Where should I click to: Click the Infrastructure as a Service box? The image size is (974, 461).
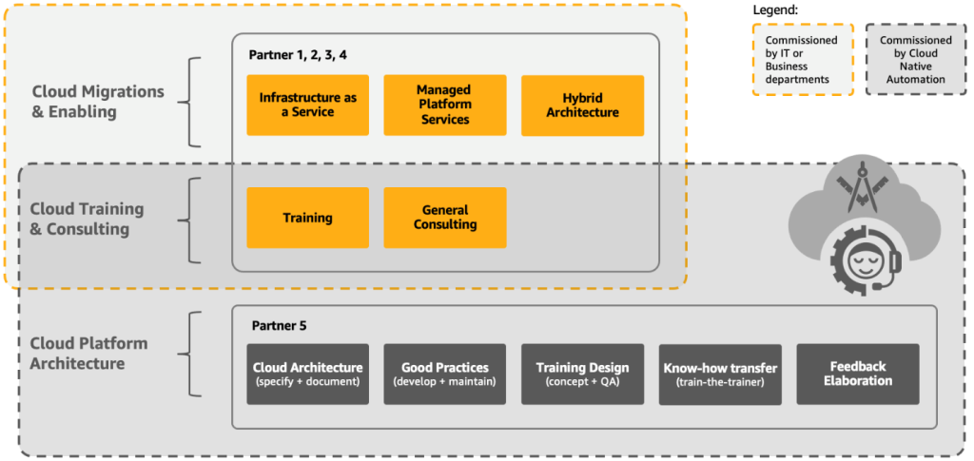click(x=307, y=105)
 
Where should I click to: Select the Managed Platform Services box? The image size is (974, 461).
click(x=444, y=105)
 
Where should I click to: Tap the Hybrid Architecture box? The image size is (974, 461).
click(x=582, y=105)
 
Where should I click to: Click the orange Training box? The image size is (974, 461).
click(x=307, y=218)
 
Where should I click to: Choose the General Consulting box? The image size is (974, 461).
click(x=444, y=218)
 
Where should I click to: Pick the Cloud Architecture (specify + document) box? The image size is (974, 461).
click(x=307, y=374)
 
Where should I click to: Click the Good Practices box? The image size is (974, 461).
click(x=444, y=374)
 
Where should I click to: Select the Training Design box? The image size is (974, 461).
click(x=582, y=374)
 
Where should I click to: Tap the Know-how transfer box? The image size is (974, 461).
click(x=719, y=374)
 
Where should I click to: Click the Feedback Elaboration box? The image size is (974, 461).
click(x=857, y=374)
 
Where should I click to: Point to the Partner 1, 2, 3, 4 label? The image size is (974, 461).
click(x=298, y=54)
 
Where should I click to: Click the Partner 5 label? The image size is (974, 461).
click(x=279, y=325)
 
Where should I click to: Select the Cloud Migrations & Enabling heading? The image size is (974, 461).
click(x=98, y=102)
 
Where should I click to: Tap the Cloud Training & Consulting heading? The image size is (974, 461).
click(x=87, y=219)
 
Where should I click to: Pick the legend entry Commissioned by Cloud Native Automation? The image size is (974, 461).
click(x=914, y=60)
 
